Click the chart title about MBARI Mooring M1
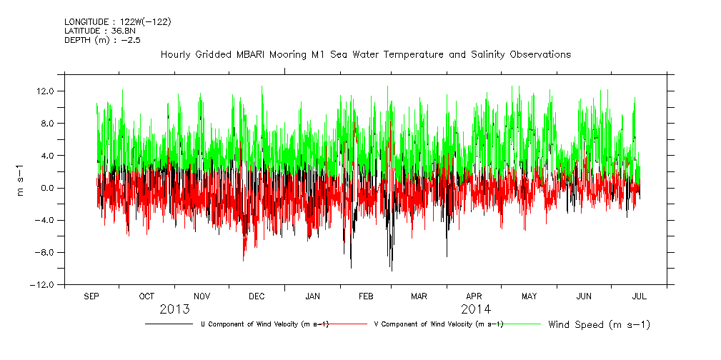click(x=365, y=55)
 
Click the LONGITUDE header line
click(x=118, y=22)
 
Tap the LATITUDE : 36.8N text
click(x=100, y=31)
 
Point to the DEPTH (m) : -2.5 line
click(x=103, y=39)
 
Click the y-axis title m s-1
click(x=21, y=180)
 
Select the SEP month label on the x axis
click(x=92, y=296)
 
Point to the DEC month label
click(x=257, y=296)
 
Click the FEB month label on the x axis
click(x=365, y=296)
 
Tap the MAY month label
click(x=529, y=296)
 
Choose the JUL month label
click(x=639, y=296)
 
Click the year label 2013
click(x=174, y=309)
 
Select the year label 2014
click(x=476, y=309)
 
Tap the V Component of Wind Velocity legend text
click(x=439, y=324)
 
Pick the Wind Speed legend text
click(x=599, y=325)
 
